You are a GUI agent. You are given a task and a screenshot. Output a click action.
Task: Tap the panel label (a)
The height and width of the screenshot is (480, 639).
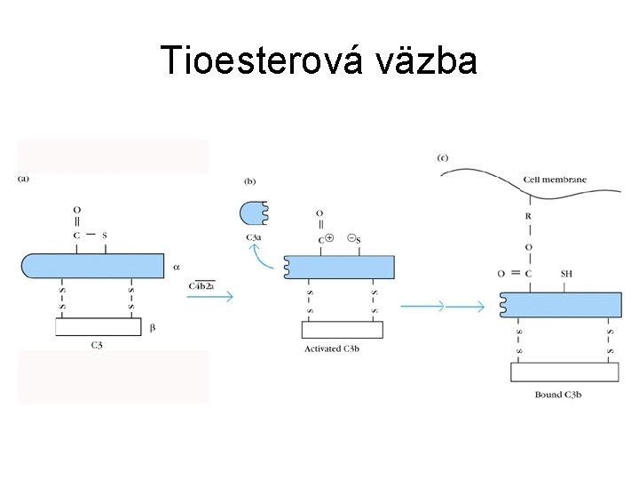click(x=24, y=178)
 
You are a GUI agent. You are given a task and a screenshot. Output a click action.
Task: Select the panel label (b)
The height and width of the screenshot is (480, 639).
click(x=250, y=181)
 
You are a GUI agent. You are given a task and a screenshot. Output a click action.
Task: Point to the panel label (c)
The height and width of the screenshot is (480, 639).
click(x=443, y=158)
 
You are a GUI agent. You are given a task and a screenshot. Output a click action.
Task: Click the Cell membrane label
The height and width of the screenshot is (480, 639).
click(x=555, y=180)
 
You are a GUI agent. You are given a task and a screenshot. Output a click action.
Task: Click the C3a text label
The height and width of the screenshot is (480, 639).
click(x=253, y=237)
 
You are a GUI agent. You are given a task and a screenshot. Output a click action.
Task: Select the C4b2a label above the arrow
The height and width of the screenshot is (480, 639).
click(x=202, y=286)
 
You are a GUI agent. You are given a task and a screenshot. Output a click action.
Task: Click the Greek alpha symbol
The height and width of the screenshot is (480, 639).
click(x=176, y=266)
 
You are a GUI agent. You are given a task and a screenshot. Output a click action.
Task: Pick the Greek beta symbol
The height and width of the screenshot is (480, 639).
click(x=152, y=328)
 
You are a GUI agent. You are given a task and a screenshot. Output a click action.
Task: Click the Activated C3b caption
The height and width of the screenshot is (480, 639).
click(x=332, y=348)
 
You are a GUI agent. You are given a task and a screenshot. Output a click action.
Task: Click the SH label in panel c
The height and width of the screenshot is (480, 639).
click(x=567, y=274)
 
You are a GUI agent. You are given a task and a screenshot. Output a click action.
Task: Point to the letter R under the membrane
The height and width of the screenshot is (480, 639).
click(x=529, y=216)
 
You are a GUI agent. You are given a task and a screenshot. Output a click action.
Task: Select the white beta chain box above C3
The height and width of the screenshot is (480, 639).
click(x=98, y=326)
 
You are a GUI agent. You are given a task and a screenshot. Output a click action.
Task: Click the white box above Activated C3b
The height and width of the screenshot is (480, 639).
click(x=342, y=329)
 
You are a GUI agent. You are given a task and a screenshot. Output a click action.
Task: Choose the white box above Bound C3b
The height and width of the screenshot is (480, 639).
click(x=564, y=372)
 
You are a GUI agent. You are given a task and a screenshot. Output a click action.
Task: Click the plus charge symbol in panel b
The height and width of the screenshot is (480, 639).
click(x=330, y=238)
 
